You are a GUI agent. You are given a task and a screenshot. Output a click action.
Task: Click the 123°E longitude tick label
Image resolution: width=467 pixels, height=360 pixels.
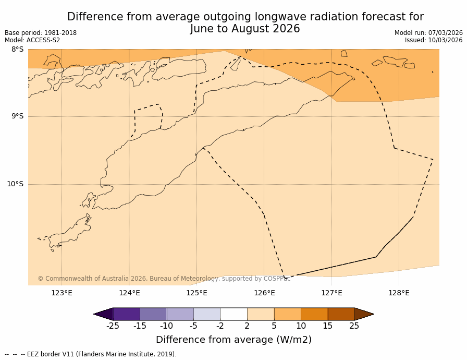pyautogui.click(x=62, y=293)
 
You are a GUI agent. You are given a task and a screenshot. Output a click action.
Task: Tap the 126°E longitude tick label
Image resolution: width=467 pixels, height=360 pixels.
pyautogui.click(x=264, y=293)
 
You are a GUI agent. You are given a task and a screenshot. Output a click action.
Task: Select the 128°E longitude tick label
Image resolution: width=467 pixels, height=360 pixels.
pyautogui.click(x=399, y=293)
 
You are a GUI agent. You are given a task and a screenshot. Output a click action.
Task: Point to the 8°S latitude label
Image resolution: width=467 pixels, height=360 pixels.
pyautogui.click(x=17, y=50)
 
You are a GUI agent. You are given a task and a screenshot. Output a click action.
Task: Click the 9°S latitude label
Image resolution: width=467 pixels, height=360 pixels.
pyautogui.click(x=17, y=116)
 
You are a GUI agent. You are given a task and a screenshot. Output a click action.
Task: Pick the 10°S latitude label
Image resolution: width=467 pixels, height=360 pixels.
pyautogui.click(x=15, y=184)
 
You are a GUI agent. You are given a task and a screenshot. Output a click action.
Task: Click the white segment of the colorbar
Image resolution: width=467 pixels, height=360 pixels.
pyautogui.click(x=233, y=314)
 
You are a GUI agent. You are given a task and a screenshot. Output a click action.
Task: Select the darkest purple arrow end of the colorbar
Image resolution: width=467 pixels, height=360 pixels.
pyautogui.click(x=104, y=314)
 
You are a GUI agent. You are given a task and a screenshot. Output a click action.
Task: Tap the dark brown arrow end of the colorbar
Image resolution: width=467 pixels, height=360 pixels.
pyautogui.click(x=363, y=314)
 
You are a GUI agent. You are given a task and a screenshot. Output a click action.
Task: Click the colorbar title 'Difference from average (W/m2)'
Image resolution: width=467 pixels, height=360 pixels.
pyautogui.click(x=233, y=340)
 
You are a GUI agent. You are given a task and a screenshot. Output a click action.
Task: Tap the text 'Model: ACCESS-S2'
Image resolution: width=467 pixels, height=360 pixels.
pyautogui.click(x=32, y=40)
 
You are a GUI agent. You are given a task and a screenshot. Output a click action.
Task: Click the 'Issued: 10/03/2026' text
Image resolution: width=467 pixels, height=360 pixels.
pyautogui.click(x=434, y=40)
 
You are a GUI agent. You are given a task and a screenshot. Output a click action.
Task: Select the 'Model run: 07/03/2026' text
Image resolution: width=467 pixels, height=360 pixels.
pyautogui.click(x=428, y=33)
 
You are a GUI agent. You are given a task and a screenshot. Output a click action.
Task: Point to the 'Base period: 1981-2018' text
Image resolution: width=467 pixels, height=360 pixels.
pyautogui.click(x=41, y=33)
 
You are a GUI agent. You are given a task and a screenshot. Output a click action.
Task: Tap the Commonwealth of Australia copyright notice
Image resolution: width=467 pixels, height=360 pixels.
pyautogui.click(x=164, y=279)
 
